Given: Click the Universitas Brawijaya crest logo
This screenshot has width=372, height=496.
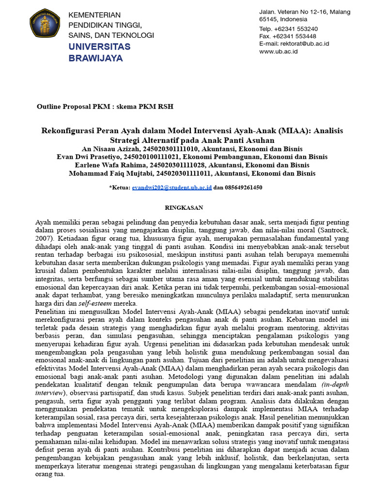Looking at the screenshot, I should (x=45, y=23).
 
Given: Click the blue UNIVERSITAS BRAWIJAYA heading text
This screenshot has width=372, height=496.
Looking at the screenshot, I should (x=99, y=52).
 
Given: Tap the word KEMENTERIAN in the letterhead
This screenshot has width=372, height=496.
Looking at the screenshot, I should (x=95, y=15).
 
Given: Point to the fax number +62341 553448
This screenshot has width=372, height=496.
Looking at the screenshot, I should (x=296, y=36).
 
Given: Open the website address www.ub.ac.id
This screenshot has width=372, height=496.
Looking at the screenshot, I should (x=279, y=51).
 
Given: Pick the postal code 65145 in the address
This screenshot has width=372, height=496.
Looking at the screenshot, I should (x=269, y=19).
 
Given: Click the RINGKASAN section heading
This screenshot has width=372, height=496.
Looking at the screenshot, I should (x=184, y=207).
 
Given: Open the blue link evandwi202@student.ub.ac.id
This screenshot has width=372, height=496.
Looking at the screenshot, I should (x=171, y=187).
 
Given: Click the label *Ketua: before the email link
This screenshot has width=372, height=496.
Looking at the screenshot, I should (x=120, y=187).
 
